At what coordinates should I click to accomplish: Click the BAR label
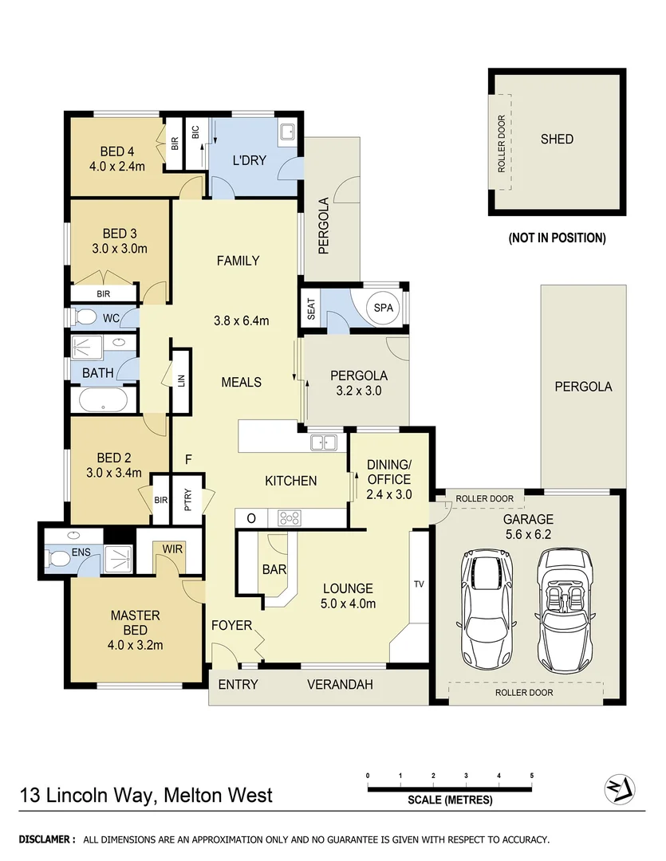(274, 570)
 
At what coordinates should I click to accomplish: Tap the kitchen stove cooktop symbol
(289, 518)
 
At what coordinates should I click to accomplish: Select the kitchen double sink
(324, 442)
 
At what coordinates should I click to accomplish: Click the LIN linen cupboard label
(181, 381)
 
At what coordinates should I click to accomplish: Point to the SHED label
(557, 139)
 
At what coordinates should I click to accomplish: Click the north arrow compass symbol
(619, 788)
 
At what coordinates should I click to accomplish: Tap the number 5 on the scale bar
(531, 775)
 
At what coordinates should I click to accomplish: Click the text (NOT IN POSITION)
(557, 238)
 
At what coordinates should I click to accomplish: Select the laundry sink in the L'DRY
(287, 132)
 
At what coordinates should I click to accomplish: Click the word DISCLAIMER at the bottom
(46, 839)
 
